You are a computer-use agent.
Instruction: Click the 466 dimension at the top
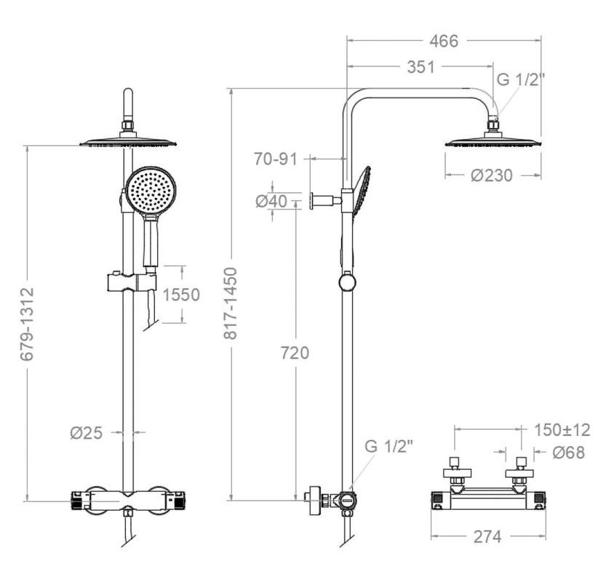coord(444,41)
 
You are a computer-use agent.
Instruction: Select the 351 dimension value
coord(420,67)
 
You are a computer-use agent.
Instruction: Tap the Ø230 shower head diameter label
coord(491,175)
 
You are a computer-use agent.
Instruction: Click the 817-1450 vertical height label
coord(231,303)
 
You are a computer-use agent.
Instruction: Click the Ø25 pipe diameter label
coord(87,433)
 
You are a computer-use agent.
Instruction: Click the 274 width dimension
coord(487,537)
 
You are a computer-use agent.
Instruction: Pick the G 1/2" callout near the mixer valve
coord(389,446)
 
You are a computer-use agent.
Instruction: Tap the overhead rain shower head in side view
coord(493,141)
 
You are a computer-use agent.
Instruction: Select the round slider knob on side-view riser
coord(348,282)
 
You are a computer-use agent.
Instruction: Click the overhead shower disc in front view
coord(128,142)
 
